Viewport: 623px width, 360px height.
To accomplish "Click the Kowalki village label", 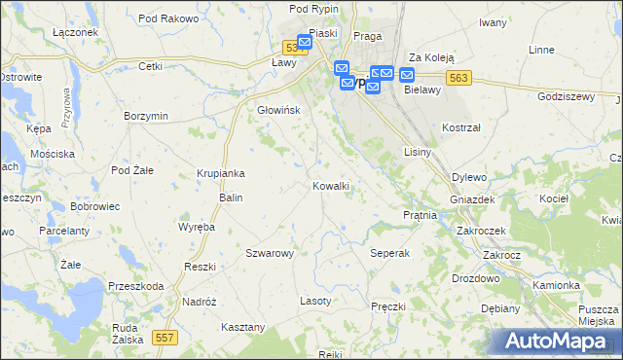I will tap(331, 185).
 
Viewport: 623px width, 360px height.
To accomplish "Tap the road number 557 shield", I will tap(165, 337).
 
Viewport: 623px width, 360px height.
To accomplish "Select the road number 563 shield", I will tap(460, 79).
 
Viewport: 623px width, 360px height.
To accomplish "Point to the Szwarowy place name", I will tap(270, 253).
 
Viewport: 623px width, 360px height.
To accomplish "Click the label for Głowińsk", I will tap(278, 110).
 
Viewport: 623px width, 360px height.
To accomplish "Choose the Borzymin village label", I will tap(146, 116).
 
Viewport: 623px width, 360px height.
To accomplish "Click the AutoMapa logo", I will tap(559, 341).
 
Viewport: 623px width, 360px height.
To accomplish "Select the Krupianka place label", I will tap(220, 173).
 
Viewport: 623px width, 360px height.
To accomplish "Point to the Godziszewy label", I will tap(566, 96).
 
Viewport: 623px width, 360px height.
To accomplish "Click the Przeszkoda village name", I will tap(136, 286).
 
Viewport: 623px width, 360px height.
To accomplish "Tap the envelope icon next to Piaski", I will tap(305, 42).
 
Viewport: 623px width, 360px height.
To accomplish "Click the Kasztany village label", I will tap(243, 327).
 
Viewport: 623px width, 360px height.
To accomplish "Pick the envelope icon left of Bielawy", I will tap(407, 75).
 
